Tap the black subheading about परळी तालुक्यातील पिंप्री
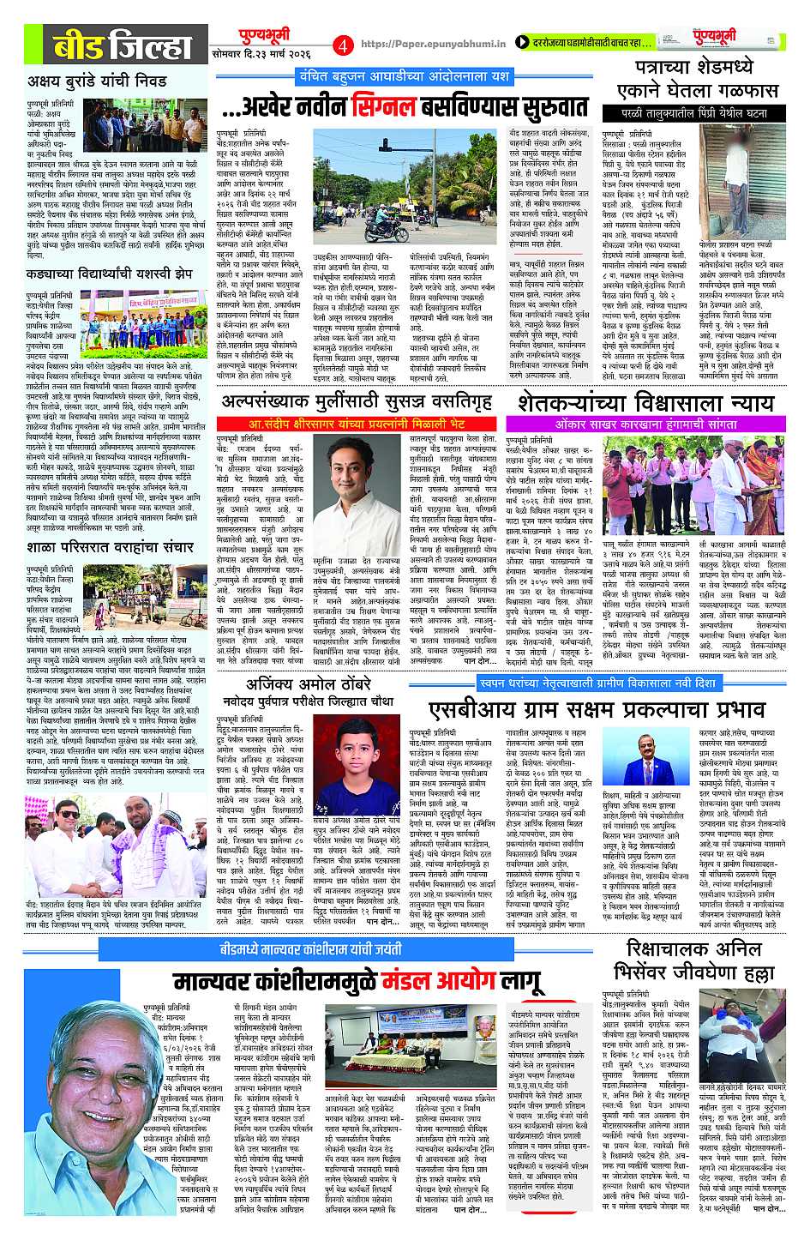click(696, 113)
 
